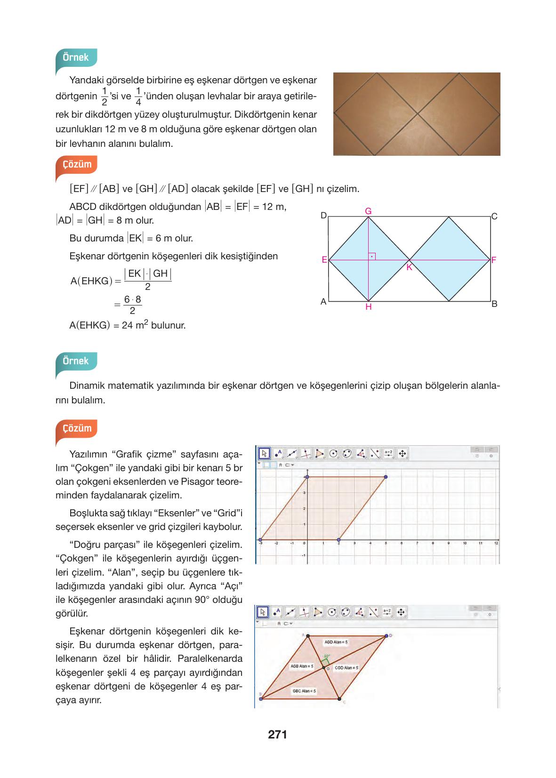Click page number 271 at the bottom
click(277, 735)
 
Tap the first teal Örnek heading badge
click(76, 57)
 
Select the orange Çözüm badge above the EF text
click(77, 164)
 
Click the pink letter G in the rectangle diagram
click(368, 211)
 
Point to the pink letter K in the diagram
click(409, 267)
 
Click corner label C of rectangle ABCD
click(494, 217)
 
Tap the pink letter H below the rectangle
click(368, 307)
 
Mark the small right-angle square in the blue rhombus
click(372, 257)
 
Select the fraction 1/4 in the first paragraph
click(138, 96)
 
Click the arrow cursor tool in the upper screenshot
click(264, 453)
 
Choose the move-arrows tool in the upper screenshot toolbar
click(402, 453)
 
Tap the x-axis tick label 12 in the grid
click(496, 543)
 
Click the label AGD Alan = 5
click(336, 642)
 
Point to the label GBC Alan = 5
click(304, 691)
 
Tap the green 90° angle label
click(327, 656)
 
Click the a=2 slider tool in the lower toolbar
click(387, 612)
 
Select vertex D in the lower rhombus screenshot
click(387, 636)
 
